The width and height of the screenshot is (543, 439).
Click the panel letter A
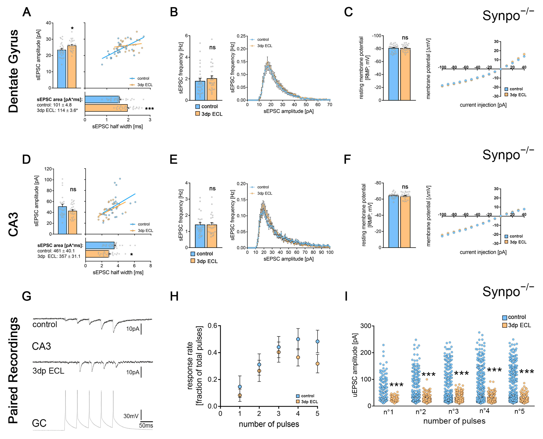click(27, 12)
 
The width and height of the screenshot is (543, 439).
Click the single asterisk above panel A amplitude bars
click(72, 28)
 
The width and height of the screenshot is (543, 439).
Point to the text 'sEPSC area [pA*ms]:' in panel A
click(60, 99)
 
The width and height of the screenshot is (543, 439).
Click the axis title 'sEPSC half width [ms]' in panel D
click(118, 272)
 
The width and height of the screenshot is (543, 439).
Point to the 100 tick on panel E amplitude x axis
click(329, 252)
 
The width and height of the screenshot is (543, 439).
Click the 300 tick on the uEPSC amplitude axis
click(366, 326)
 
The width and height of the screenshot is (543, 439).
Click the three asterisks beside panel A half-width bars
click(149, 109)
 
